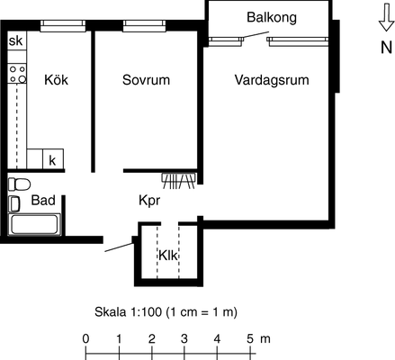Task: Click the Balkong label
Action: click(x=272, y=17)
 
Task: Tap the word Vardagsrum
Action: click(x=272, y=80)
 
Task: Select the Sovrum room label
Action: click(x=146, y=80)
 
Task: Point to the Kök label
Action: click(x=56, y=80)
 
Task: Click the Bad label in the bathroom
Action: click(x=43, y=200)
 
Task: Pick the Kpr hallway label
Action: click(x=149, y=201)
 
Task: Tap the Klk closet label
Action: click(x=168, y=256)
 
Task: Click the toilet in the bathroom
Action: click(x=19, y=184)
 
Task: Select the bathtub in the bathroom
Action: click(x=34, y=224)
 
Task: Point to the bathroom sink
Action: click(x=13, y=203)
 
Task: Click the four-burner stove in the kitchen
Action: click(x=17, y=74)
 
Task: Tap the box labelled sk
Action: click(x=17, y=40)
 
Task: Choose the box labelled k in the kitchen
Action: click(x=53, y=159)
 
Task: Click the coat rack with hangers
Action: click(x=179, y=181)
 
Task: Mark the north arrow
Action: click(x=386, y=17)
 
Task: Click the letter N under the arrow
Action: click(x=386, y=48)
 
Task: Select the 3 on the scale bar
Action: click(x=184, y=339)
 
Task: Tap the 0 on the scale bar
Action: click(x=85, y=339)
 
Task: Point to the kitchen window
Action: click(x=63, y=26)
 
